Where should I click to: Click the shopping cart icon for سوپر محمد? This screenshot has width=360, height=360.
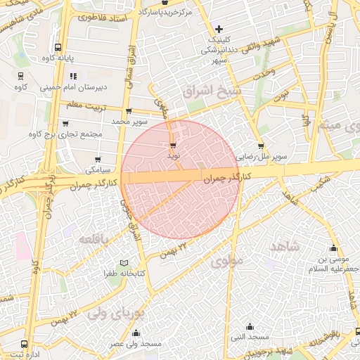click(x=128, y=111)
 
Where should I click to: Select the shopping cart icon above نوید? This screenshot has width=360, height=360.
click(x=173, y=144)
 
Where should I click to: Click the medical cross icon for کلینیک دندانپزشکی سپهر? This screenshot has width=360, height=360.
click(x=219, y=29)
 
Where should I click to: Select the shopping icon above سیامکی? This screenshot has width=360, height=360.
click(x=97, y=160)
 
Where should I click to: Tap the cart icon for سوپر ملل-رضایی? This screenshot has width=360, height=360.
click(x=261, y=147)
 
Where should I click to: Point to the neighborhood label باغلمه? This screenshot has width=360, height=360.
click(x=96, y=239)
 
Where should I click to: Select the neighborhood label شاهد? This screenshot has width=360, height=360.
click(x=284, y=245)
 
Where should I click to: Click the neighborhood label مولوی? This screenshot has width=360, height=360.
click(x=226, y=262)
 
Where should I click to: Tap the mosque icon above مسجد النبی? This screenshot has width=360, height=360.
click(x=250, y=326)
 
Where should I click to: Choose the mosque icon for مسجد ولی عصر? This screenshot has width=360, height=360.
click(x=136, y=333)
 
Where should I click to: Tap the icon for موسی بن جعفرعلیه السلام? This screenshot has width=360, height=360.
click(x=333, y=247)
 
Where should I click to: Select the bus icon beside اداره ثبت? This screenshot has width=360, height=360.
click(x=25, y=345)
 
